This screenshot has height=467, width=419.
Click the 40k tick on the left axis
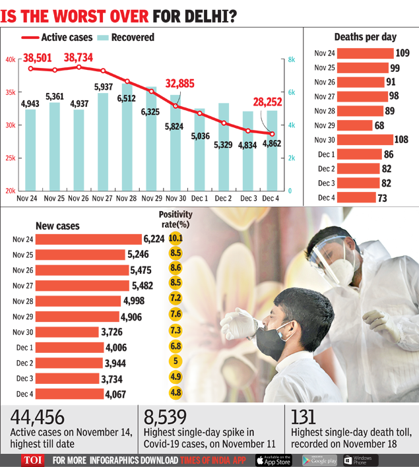pyautogui.click(x=11, y=59)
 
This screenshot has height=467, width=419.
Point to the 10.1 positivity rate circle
pyautogui.click(x=176, y=239)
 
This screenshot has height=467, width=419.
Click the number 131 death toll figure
pyautogui.click(x=304, y=417)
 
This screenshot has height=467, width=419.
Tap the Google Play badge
pyautogui.click(x=319, y=460)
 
